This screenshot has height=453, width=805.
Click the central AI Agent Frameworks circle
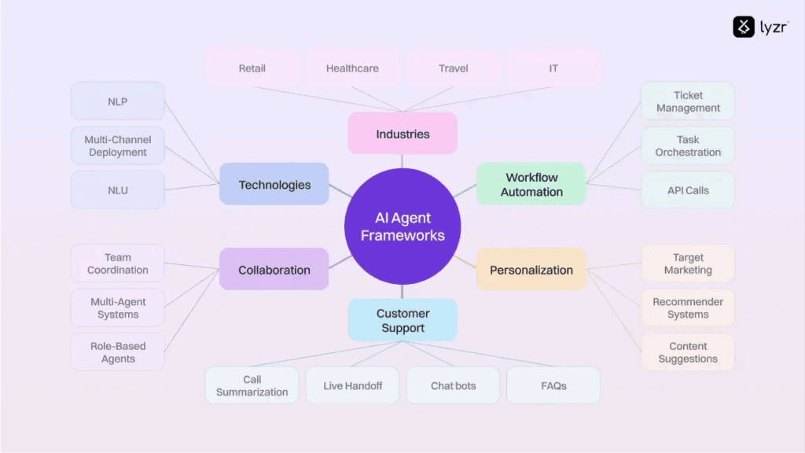(402, 226)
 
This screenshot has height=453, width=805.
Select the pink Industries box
(402, 134)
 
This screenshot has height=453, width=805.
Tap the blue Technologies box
(274, 185)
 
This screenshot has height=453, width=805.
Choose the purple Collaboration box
(274, 270)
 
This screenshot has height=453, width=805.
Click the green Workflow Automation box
(531, 185)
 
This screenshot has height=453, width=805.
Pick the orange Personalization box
(531, 270)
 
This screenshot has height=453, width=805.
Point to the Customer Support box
(402, 321)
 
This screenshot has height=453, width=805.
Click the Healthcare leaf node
(352, 68)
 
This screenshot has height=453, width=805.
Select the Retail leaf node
(252, 68)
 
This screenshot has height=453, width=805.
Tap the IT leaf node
(553, 68)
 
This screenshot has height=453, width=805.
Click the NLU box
(118, 190)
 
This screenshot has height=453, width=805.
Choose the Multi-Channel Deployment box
(118, 146)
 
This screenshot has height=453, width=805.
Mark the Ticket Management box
(688, 101)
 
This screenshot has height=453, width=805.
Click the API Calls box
(688, 190)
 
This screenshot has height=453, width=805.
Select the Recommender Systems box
(688, 308)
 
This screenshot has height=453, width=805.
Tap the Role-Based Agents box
(118, 352)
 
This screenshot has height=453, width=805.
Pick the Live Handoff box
(353, 386)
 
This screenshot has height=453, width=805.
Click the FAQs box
(553, 386)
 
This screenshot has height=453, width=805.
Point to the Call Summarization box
(252, 386)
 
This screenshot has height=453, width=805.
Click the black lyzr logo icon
(744, 28)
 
